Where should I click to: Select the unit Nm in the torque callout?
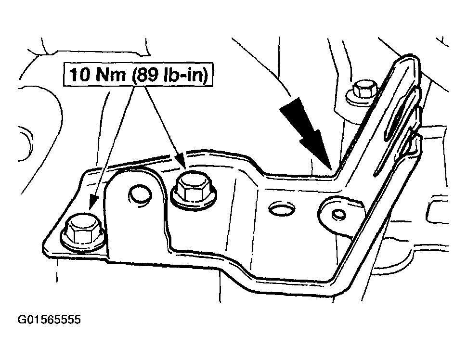click(x=111, y=74)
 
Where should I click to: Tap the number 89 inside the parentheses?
click(x=149, y=74)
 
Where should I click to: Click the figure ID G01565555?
click(x=49, y=320)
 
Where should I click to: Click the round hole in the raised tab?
click(x=140, y=195)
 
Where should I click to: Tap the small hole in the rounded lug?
click(x=338, y=214)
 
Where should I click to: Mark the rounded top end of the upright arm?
click(x=410, y=58)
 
